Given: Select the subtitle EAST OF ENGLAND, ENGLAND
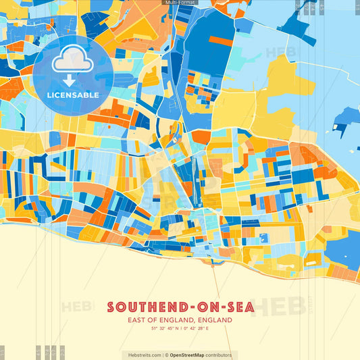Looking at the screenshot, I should pyautogui.click(x=180, y=320).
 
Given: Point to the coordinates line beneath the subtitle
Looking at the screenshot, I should pyautogui.click(x=180, y=328).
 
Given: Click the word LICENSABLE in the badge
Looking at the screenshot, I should pyautogui.click(x=73, y=95).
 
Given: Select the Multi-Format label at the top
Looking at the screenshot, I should pyautogui.click(x=180, y=3).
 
